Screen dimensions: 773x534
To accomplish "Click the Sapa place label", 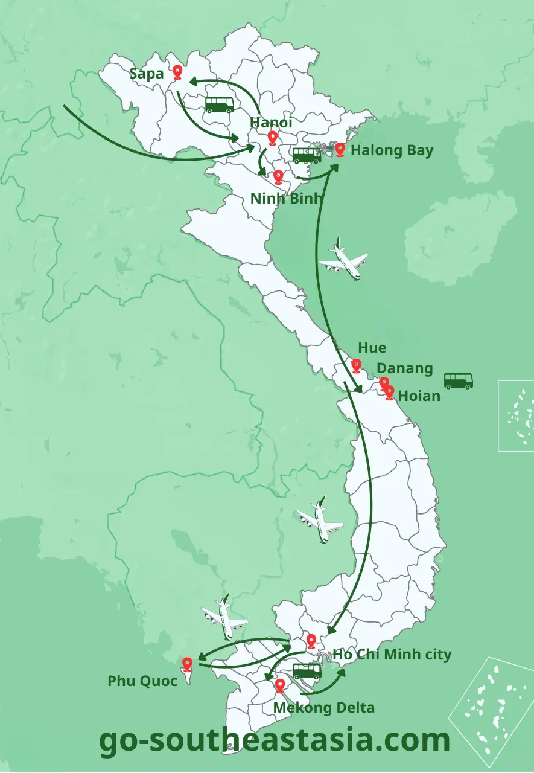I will tap(147, 74).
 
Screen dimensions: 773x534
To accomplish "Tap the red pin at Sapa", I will tap(177, 72).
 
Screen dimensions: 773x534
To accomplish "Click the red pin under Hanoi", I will tap(272, 138).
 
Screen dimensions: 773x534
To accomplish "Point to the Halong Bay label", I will tap(392, 150).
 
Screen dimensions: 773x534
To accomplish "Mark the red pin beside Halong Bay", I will tap(340, 149).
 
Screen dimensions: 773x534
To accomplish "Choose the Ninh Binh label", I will tap(286, 198).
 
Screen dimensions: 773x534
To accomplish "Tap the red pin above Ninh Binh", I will tap(278, 176).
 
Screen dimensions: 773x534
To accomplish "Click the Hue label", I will tap(372, 348).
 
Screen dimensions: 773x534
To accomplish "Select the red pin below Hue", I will tap(356, 365).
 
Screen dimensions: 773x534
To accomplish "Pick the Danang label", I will tap(405, 368).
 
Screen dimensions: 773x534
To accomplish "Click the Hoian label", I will tap(419, 396).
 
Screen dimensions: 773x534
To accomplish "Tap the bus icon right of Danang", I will tap(459, 381).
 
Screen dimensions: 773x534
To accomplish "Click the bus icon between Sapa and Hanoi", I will tap(219, 105).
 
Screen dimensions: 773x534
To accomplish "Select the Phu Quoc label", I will tap(142, 681).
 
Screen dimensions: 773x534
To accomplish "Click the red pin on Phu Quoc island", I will tap(187, 664).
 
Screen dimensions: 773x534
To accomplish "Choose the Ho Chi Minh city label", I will tap(392, 655).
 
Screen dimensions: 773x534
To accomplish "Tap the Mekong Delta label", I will tap(324, 707).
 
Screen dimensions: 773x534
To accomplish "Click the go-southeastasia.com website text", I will tap(275, 740).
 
